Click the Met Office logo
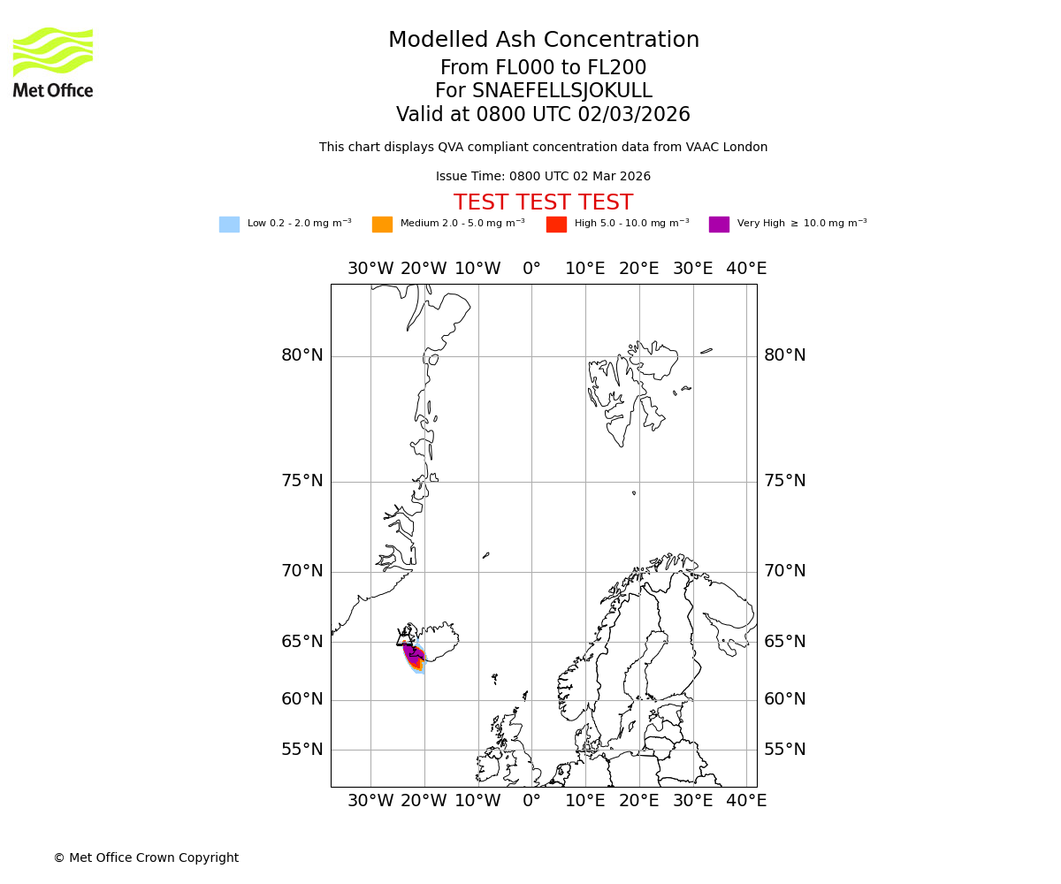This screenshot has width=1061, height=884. tap(53, 62)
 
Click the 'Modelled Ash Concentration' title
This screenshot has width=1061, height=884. tap(544, 41)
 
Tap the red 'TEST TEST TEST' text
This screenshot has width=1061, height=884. tap(543, 203)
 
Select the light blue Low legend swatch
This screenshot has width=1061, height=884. tap(229, 225)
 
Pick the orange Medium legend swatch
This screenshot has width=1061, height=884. tap(382, 225)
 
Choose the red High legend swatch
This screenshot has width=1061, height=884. tap(556, 225)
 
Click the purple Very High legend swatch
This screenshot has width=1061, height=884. tap(719, 225)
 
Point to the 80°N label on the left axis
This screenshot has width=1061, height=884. tap(302, 355)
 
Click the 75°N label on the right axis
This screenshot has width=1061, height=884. tap(785, 481)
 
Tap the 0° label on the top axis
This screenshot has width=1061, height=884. tap(531, 269)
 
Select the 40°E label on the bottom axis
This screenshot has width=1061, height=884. tap(746, 801)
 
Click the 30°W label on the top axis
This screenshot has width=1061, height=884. tap(370, 269)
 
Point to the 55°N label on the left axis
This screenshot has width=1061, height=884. tap(302, 750)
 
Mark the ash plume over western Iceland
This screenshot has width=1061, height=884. tap(412, 656)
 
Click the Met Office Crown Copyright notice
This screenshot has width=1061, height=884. tap(146, 857)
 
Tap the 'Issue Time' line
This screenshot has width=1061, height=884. tap(543, 177)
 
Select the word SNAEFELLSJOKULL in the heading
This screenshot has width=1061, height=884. tap(562, 91)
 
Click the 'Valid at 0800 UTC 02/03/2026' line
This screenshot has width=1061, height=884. tap(543, 115)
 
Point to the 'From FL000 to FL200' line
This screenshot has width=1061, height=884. tap(543, 68)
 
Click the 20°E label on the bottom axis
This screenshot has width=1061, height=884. tap(639, 801)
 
